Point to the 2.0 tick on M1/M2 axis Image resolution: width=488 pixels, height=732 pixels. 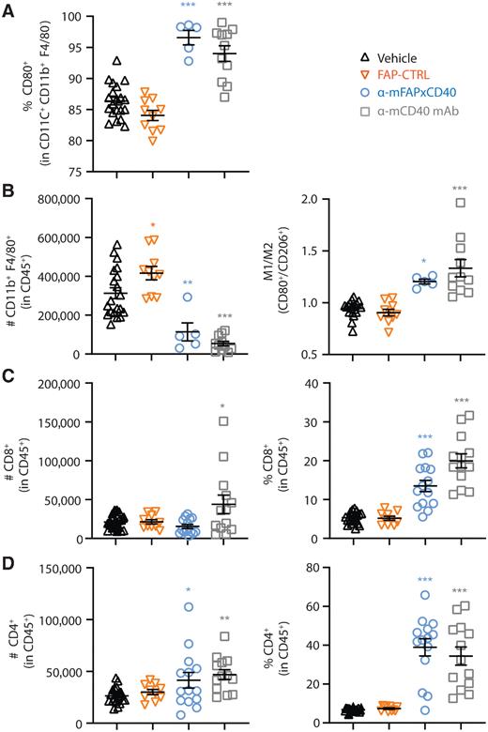pos(337,200)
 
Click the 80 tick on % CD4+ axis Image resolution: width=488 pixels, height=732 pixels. pos(342,568)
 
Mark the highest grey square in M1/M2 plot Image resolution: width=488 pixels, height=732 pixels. pos(460,228)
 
